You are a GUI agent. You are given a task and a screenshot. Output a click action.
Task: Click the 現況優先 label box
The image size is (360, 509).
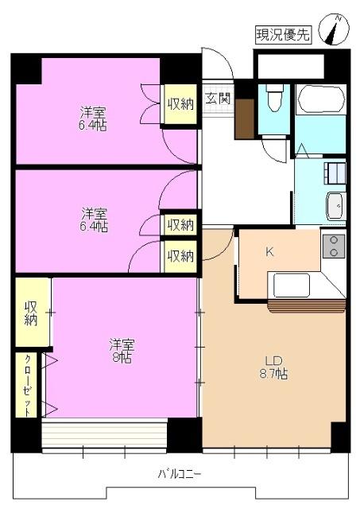point(283,35)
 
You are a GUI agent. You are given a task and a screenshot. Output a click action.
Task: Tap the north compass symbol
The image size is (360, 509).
point(334,30)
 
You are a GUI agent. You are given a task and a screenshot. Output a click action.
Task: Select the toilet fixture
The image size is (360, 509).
point(274,99)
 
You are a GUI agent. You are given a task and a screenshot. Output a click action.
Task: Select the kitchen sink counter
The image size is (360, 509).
point(292,284)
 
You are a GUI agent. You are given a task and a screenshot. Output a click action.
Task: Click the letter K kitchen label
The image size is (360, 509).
point(269,252)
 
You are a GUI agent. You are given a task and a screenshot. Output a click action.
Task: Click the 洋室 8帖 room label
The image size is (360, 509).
point(122,351)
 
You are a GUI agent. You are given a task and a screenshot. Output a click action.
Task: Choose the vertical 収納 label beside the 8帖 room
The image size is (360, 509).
point(31,313)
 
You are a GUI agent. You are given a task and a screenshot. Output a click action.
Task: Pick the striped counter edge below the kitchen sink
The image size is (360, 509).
point(305,305)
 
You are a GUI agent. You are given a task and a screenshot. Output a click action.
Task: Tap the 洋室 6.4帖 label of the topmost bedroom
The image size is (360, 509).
point(94,118)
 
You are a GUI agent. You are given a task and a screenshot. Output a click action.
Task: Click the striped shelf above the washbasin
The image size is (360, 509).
point(335,174)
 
